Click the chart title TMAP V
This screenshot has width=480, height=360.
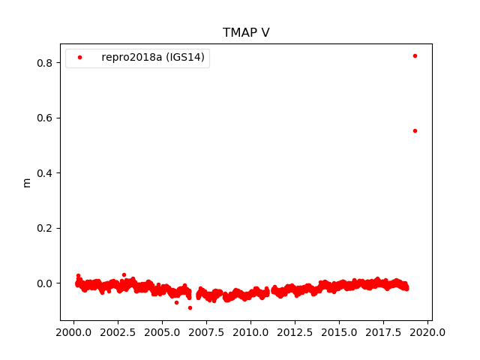tap(246, 32)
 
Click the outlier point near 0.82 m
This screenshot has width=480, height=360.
tap(415, 55)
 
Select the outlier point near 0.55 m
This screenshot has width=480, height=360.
tap(415, 130)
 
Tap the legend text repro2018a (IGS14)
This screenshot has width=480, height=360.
tap(153, 58)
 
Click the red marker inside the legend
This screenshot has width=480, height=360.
tap(80, 58)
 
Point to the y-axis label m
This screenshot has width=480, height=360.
tap(27, 182)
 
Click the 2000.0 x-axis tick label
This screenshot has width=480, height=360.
tap(73, 332)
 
